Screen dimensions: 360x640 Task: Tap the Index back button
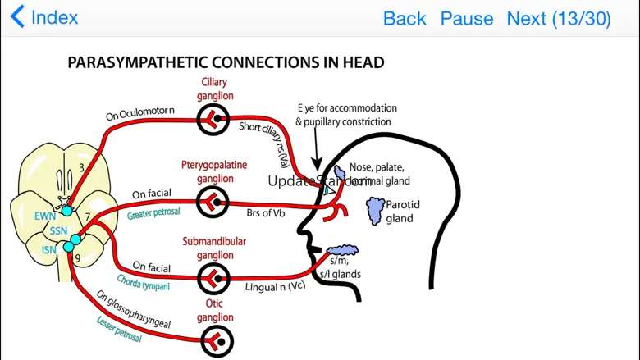[x=44, y=17]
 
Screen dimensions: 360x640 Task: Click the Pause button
[x=467, y=18]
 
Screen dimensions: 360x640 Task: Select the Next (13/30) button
[x=558, y=18]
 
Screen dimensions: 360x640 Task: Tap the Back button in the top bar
[x=405, y=18]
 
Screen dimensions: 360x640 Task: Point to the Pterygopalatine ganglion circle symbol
[x=213, y=201]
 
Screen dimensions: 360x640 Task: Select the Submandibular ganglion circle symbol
[x=213, y=279]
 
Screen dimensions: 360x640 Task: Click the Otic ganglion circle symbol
[x=217, y=342]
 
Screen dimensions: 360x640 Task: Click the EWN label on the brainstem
[x=44, y=216]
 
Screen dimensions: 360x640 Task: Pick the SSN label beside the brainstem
[x=58, y=231]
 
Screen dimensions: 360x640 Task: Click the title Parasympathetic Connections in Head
[x=226, y=62]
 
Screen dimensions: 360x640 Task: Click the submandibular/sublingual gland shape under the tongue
[x=342, y=250]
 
